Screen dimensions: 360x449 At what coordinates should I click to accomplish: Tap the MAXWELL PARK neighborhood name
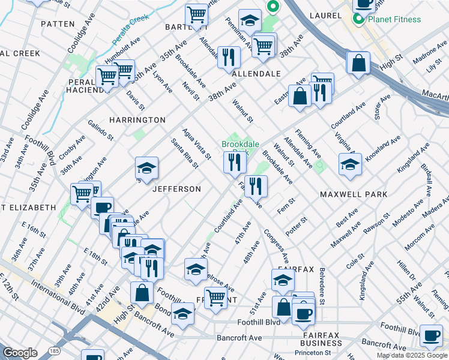pyautogui.click(x=353, y=195)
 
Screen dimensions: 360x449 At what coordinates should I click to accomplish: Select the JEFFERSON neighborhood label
pyautogui.click(x=176, y=189)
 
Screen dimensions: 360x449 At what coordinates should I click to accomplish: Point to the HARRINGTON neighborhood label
pyautogui.click(x=137, y=120)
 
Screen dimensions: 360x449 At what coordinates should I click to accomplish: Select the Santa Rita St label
pyautogui.click(x=184, y=153)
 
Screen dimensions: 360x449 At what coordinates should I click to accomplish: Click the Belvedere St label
pyautogui.click(x=322, y=286)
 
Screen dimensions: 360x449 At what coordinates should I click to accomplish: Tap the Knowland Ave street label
pyautogui.click(x=384, y=148)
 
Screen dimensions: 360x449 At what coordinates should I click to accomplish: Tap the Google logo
pyautogui.click(x=20, y=353)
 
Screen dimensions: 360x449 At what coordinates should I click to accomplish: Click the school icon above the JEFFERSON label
pyautogui.click(x=146, y=170)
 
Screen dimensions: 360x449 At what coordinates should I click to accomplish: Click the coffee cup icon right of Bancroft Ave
pyautogui.click(x=430, y=337)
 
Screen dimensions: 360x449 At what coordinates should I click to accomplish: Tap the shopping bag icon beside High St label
pyautogui.click(x=358, y=64)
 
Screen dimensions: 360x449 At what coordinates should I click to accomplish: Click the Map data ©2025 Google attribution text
pyautogui.click(x=412, y=355)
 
